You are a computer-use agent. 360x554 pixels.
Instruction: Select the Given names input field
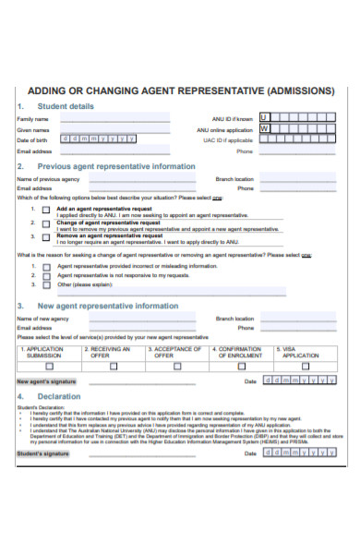(x=115, y=129)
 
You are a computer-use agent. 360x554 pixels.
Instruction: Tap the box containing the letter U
(x=264, y=118)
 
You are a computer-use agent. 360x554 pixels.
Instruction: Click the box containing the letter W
(x=264, y=129)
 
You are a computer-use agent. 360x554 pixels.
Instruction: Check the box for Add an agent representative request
(x=44, y=211)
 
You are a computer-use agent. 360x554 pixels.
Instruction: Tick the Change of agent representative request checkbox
(x=44, y=224)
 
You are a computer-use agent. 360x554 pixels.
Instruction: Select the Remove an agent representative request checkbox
(x=44, y=237)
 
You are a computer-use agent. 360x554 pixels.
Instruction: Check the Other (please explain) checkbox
(x=44, y=286)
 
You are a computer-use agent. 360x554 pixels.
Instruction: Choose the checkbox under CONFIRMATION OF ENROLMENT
(x=241, y=366)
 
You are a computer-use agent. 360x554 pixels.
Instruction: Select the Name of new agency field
(x=133, y=319)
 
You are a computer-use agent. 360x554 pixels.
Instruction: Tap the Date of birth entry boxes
(x=98, y=138)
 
